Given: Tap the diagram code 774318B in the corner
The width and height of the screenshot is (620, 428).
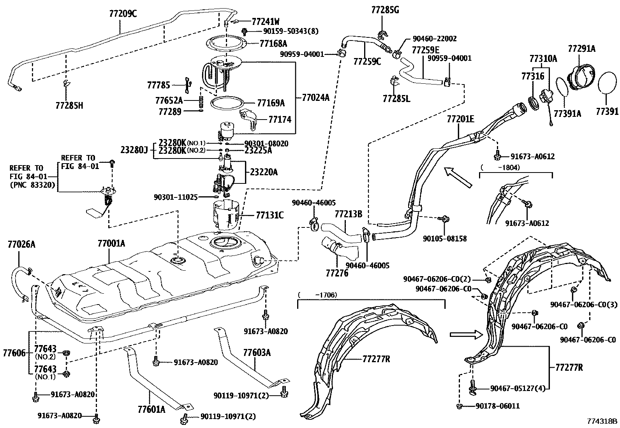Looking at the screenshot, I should [x=602, y=421].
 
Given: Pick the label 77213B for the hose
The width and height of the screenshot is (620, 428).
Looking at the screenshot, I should [x=348, y=214].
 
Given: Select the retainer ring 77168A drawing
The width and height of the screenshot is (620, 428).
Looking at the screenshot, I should [x=226, y=44].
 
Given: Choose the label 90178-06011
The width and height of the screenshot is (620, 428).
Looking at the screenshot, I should [x=497, y=406].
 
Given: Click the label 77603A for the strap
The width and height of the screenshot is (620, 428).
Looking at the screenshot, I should [x=257, y=353].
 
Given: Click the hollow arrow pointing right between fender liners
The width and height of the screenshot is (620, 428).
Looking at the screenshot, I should [x=466, y=334].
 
